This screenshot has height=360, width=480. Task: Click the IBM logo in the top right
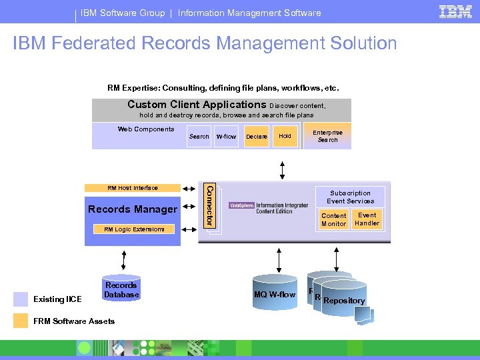(x=456, y=11)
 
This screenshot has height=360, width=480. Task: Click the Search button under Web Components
(x=199, y=137)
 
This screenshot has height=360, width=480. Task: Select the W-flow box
(x=226, y=137)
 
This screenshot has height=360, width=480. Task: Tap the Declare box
(x=257, y=137)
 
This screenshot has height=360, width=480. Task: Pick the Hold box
(x=285, y=136)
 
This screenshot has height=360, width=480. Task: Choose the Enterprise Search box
(x=327, y=136)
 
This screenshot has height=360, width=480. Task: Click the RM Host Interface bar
(x=133, y=188)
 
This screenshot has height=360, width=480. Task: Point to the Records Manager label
(x=133, y=209)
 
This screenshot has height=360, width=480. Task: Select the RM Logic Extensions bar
(x=133, y=229)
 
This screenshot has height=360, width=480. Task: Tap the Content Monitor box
(x=333, y=220)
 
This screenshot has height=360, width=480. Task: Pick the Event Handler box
(x=367, y=219)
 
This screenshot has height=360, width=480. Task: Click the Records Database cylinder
(x=121, y=289)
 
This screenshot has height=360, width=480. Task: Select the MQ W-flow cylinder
(x=274, y=294)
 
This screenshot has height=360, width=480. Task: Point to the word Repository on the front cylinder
(x=344, y=301)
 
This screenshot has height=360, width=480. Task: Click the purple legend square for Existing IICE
(x=21, y=299)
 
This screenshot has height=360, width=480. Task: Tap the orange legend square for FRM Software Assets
(x=21, y=321)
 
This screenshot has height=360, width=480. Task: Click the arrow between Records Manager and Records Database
(x=124, y=259)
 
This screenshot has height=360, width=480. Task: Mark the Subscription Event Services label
(x=351, y=197)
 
